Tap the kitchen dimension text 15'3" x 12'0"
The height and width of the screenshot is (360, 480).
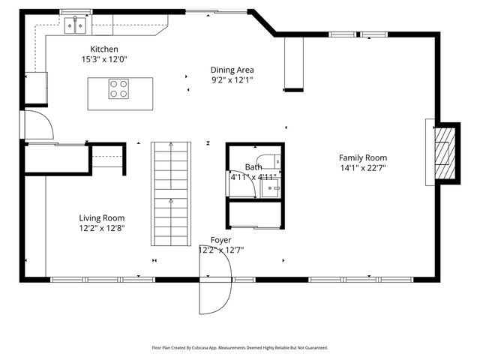tap(104, 58)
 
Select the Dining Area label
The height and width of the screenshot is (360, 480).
tap(232, 69)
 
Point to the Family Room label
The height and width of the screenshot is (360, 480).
tap(362, 157)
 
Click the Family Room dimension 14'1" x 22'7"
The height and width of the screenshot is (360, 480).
tap(362, 168)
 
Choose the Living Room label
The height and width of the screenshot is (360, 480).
tap(102, 218)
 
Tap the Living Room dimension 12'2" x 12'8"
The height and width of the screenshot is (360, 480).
tap(102, 228)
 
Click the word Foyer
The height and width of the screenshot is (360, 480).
tap(220, 240)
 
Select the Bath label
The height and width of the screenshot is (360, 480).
tap(253, 167)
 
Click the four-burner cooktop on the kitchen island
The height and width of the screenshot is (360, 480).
tap(119, 89)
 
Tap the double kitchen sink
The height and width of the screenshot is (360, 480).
tap(75, 27)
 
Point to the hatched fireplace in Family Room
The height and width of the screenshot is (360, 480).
tap(445, 152)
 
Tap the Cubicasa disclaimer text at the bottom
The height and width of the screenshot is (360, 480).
tap(240, 348)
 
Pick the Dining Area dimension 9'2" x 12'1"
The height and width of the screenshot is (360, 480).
tap(232, 79)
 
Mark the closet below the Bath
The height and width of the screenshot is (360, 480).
tap(255, 215)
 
